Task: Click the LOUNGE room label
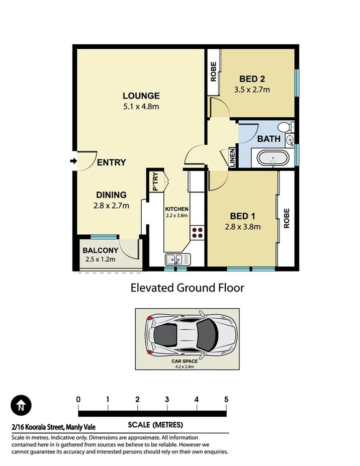click(x=141, y=96)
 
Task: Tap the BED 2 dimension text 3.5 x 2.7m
click(x=252, y=90)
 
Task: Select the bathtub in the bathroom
click(x=273, y=158)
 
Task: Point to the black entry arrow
click(x=73, y=161)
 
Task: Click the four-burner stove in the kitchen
click(x=197, y=232)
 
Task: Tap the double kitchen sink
click(x=177, y=259)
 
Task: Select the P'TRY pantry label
click(x=155, y=181)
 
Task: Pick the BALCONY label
click(x=101, y=250)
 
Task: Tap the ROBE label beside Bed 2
click(x=213, y=71)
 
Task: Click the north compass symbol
click(x=21, y=405)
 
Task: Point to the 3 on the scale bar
click(x=167, y=399)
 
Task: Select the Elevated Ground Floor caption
click(x=187, y=288)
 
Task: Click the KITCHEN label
click(x=176, y=209)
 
